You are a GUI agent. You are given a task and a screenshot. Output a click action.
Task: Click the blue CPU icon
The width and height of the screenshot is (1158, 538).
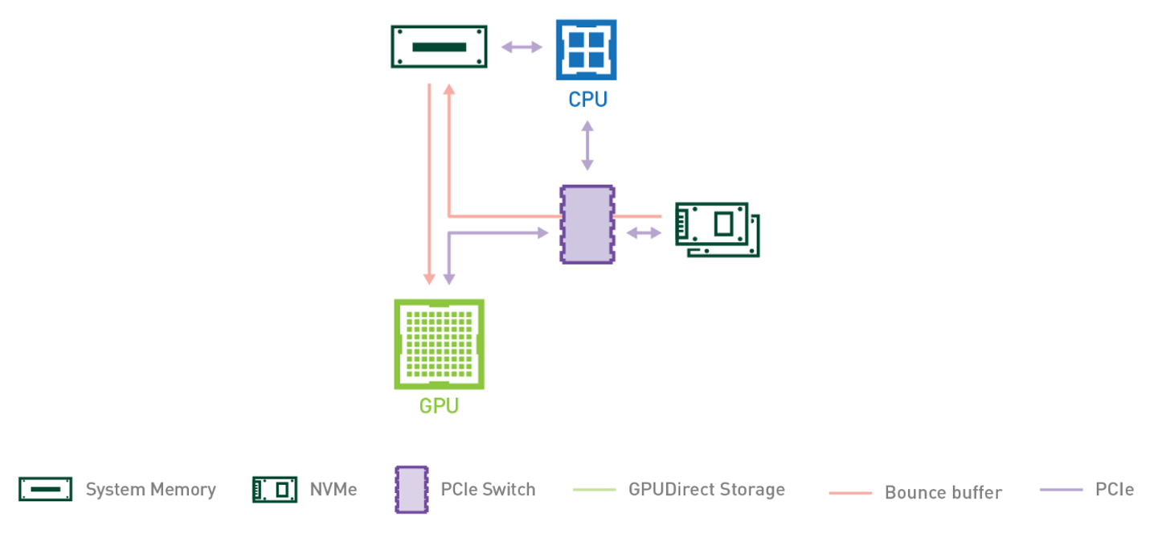click(x=586, y=50)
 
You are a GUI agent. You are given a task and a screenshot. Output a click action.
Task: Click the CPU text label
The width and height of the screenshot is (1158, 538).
click(x=587, y=101)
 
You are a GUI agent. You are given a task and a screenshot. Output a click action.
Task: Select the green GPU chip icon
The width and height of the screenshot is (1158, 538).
click(x=439, y=344)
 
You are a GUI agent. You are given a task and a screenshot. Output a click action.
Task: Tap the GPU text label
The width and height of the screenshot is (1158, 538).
click(x=439, y=405)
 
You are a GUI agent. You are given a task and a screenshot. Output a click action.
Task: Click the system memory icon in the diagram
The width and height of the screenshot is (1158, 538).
click(x=439, y=47)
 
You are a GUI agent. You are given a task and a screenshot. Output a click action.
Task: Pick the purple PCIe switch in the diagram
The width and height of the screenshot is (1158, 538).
click(x=587, y=224)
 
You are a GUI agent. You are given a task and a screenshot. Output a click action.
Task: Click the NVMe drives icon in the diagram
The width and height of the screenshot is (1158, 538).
click(x=717, y=229)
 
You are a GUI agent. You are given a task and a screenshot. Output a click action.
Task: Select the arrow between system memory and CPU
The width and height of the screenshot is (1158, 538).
click(x=522, y=47)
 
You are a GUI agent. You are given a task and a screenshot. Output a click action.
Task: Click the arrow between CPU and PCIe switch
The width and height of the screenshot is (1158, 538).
click(x=587, y=146)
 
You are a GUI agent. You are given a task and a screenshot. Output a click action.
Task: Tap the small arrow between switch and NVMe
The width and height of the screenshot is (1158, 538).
click(x=643, y=233)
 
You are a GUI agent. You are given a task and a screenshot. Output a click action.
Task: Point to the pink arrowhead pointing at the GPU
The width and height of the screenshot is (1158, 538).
click(x=429, y=277)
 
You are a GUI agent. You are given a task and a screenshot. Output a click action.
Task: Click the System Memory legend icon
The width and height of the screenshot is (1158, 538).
click(x=46, y=489)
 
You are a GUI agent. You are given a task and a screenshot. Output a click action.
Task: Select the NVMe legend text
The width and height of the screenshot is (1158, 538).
click(x=333, y=489)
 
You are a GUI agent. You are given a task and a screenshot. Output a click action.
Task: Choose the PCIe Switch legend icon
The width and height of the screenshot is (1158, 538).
click(x=411, y=489)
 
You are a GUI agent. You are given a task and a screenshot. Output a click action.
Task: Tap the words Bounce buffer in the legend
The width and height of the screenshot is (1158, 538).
click(x=943, y=492)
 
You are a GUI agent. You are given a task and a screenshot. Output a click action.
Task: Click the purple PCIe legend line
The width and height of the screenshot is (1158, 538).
click(x=1061, y=490)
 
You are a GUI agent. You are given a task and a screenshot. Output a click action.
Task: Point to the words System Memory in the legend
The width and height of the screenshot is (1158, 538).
click(x=150, y=489)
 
